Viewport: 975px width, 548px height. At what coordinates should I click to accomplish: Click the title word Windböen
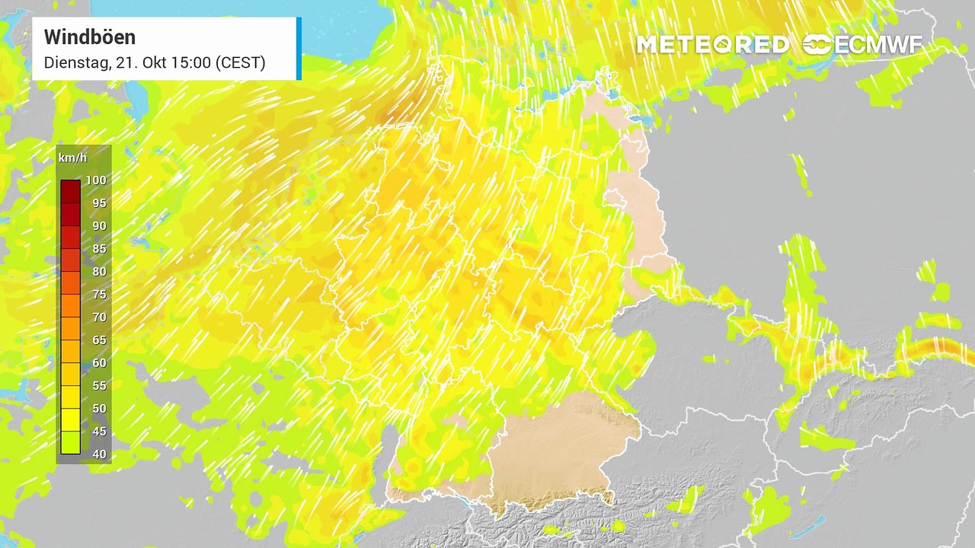[x=90, y=37]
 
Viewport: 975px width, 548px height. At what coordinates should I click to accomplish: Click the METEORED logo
[x=712, y=45]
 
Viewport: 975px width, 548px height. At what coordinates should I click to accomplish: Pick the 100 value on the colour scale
[x=96, y=180]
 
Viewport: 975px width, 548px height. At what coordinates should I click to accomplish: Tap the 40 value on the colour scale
[x=98, y=454]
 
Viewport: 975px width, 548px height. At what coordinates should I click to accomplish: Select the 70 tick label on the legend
[x=98, y=317]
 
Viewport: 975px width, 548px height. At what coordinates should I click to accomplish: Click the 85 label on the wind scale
[x=98, y=249]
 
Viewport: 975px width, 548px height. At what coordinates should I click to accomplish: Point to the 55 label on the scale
[x=98, y=386]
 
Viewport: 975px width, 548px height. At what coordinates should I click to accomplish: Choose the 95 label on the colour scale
[x=98, y=203]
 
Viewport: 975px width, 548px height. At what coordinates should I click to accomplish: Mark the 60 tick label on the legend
[x=98, y=363]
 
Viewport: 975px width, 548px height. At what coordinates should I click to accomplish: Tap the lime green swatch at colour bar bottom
[x=70, y=443]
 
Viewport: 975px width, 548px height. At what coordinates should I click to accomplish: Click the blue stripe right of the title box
[x=299, y=48]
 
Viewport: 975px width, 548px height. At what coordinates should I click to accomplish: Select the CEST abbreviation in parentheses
[x=240, y=62]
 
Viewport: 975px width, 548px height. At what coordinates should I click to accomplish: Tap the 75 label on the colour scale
[x=98, y=295]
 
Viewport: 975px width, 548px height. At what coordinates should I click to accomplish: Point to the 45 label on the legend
[x=98, y=432]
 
